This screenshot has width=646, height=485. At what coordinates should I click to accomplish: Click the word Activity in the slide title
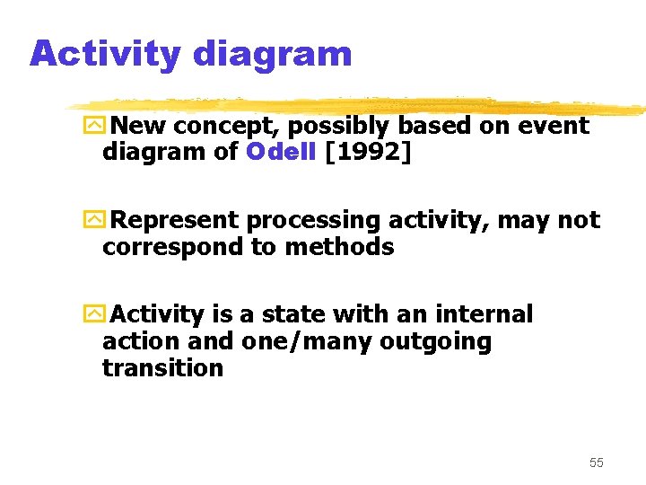point(104,54)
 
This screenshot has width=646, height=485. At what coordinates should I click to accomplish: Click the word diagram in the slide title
point(272,54)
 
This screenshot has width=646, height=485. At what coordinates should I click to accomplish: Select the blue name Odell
point(280,152)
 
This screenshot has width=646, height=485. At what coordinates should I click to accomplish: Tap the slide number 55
point(597,463)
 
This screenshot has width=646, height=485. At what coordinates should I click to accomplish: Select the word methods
point(339,247)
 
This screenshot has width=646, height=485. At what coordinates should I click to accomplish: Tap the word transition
point(162,368)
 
